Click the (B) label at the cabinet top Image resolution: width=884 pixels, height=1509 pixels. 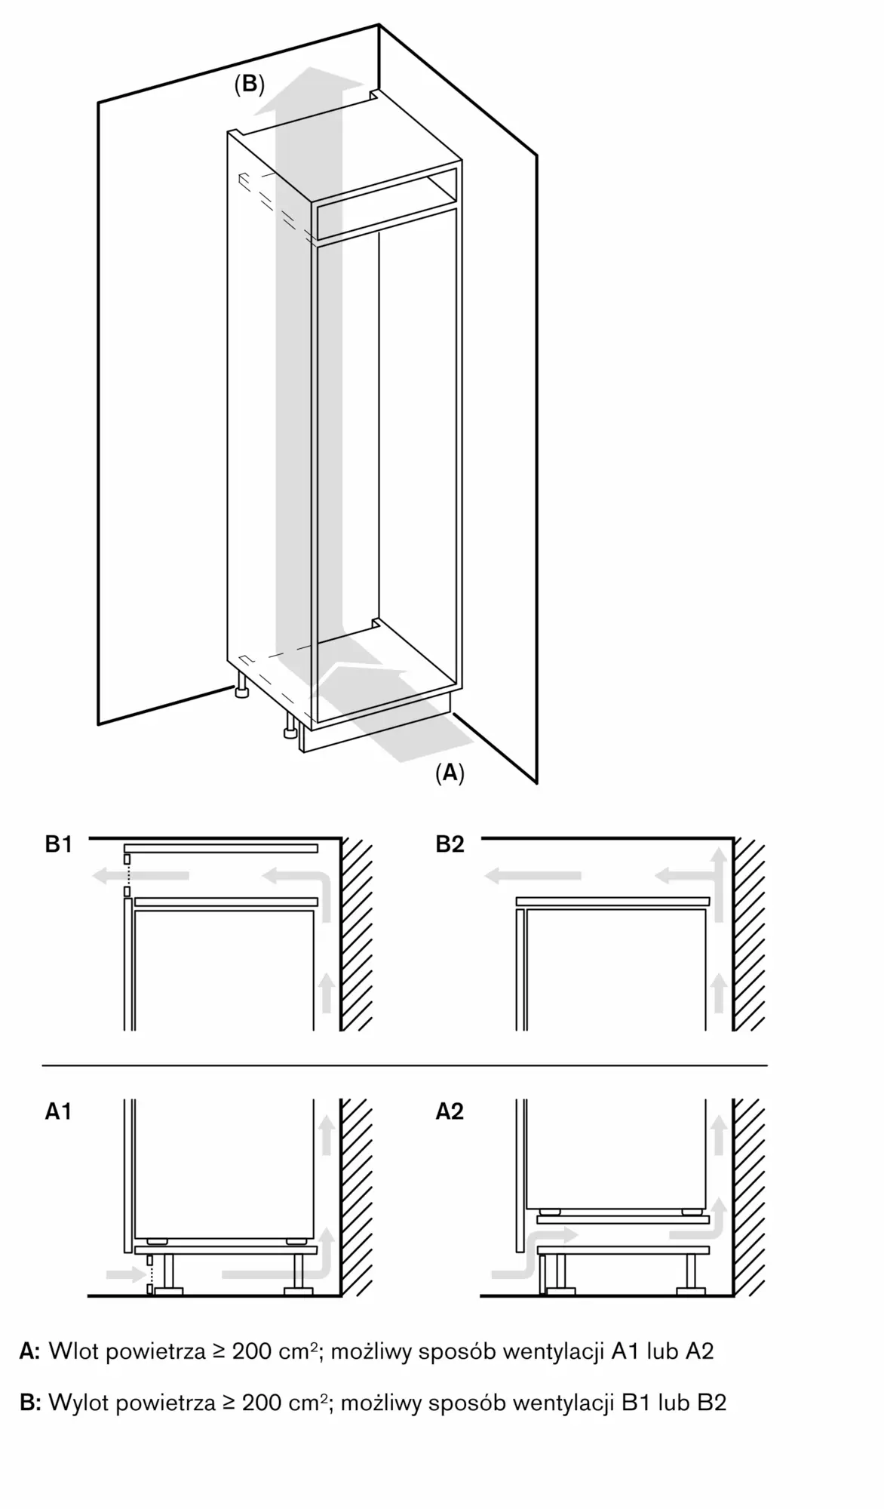tap(250, 85)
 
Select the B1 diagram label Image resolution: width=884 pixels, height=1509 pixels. tap(59, 844)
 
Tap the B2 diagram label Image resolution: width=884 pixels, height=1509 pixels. tap(450, 844)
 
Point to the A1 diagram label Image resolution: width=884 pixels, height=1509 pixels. tap(59, 1111)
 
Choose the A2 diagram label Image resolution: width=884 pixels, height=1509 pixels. tap(450, 1111)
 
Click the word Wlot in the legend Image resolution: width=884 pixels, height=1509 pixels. tap(73, 1351)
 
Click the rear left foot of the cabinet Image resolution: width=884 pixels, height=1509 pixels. tap(242, 689)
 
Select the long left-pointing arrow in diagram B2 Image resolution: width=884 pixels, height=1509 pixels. tap(533, 876)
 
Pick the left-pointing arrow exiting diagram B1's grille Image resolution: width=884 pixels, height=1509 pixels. tap(140, 876)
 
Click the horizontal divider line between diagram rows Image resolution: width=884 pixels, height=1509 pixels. tap(404, 1065)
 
